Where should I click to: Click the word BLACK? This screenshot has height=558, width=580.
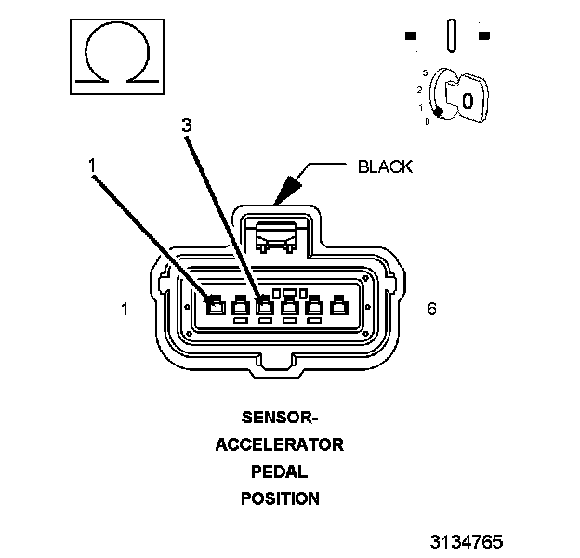pos(385,167)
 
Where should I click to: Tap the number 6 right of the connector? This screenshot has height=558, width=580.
pos(431,309)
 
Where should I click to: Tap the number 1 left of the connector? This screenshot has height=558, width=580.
pos(125,309)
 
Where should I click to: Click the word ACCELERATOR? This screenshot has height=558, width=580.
pos(280,444)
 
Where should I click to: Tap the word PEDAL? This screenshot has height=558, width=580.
pos(280,471)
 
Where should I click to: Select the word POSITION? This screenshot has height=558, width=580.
pos(280,498)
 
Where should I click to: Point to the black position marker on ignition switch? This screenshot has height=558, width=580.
pos(438,112)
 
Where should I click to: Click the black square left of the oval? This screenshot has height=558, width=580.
pos(411,36)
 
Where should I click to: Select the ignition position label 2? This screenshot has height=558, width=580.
pos(420,89)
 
